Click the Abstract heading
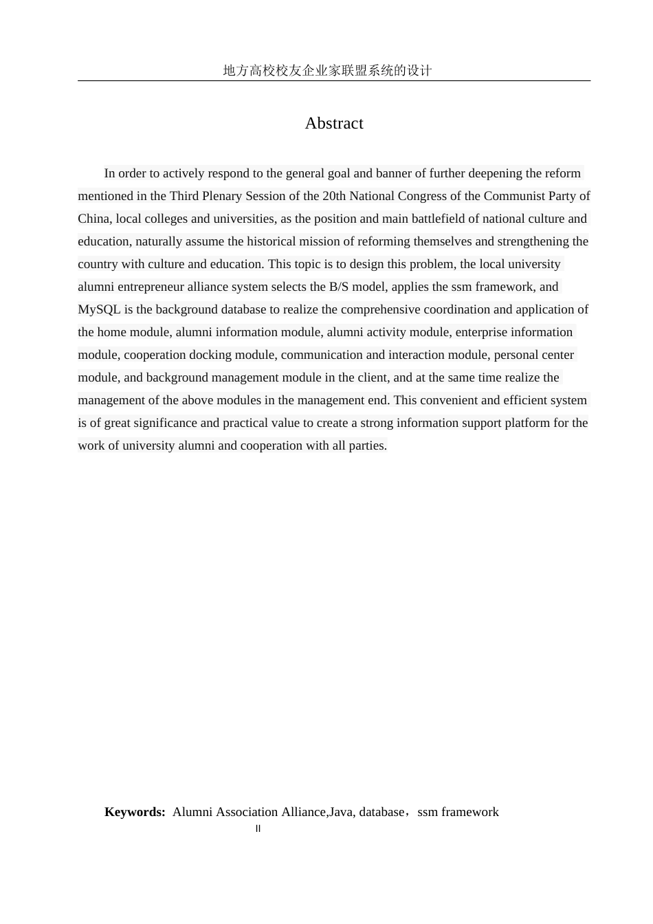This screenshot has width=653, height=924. pyautogui.click(x=334, y=124)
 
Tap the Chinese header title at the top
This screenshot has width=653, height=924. pyautogui.click(x=327, y=70)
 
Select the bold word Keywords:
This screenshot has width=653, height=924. pyautogui.click(x=135, y=812)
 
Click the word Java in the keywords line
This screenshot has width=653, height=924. pyautogui.click(x=340, y=812)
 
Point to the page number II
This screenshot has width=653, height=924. pyautogui.click(x=258, y=828)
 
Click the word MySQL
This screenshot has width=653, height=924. pyautogui.click(x=99, y=309)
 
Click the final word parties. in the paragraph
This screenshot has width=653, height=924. pyautogui.click(x=369, y=445)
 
